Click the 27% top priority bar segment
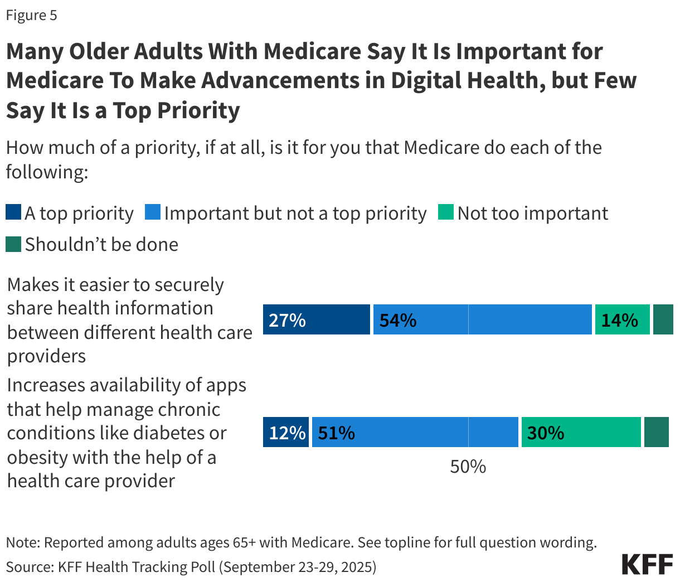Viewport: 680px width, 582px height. tap(316, 320)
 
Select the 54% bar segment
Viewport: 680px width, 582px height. tap(482, 320)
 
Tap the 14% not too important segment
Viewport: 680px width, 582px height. tap(622, 320)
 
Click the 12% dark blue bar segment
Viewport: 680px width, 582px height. tap(286, 433)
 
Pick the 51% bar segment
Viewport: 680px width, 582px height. tap(415, 433)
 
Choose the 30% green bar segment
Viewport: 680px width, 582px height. tap(581, 433)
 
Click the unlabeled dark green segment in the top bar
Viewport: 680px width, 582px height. tap(663, 320)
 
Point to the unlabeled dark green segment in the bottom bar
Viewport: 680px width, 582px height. tap(656, 433)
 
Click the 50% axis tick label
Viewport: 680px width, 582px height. tap(468, 467)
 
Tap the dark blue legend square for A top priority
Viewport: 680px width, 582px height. tap(13, 213)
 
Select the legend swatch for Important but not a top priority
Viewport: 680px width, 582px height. tap(153, 213)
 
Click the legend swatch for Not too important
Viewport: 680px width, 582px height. tap(446, 213)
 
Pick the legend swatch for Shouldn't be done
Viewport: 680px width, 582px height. tap(13, 244)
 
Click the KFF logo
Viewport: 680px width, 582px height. tap(647, 564)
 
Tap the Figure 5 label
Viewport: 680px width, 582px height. tap(31, 15)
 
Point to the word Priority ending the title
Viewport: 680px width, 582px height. tap(198, 110)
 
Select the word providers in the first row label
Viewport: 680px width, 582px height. tap(46, 356)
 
